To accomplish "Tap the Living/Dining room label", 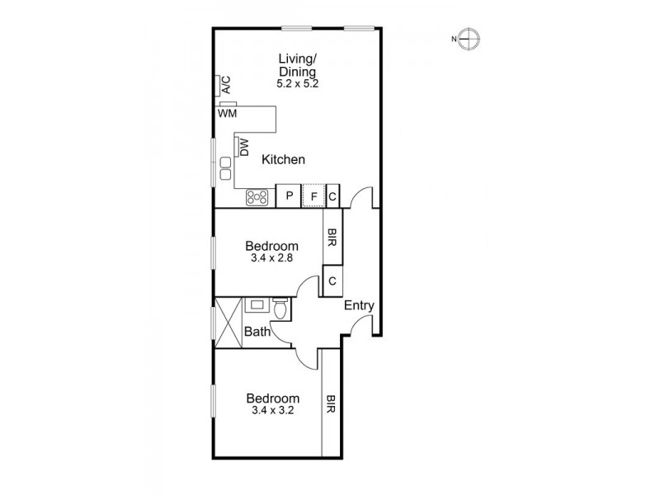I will click(x=297, y=64).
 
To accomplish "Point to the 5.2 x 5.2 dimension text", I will click(x=297, y=84).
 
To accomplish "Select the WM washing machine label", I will click(x=228, y=113).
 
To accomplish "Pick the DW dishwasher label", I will click(x=244, y=147).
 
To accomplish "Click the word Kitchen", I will click(x=284, y=160).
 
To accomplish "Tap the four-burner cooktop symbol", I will click(x=257, y=196).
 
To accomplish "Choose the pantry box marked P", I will click(x=290, y=196).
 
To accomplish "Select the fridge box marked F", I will click(x=313, y=196).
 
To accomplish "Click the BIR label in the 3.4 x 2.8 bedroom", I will click(x=332, y=238).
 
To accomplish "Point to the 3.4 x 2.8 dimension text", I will click(x=272, y=257).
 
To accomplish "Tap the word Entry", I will click(x=359, y=305).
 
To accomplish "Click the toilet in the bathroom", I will click(x=281, y=309).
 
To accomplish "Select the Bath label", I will click(x=258, y=332).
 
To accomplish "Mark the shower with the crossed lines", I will click(x=229, y=323).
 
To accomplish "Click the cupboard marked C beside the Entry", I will click(x=332, y=281).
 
